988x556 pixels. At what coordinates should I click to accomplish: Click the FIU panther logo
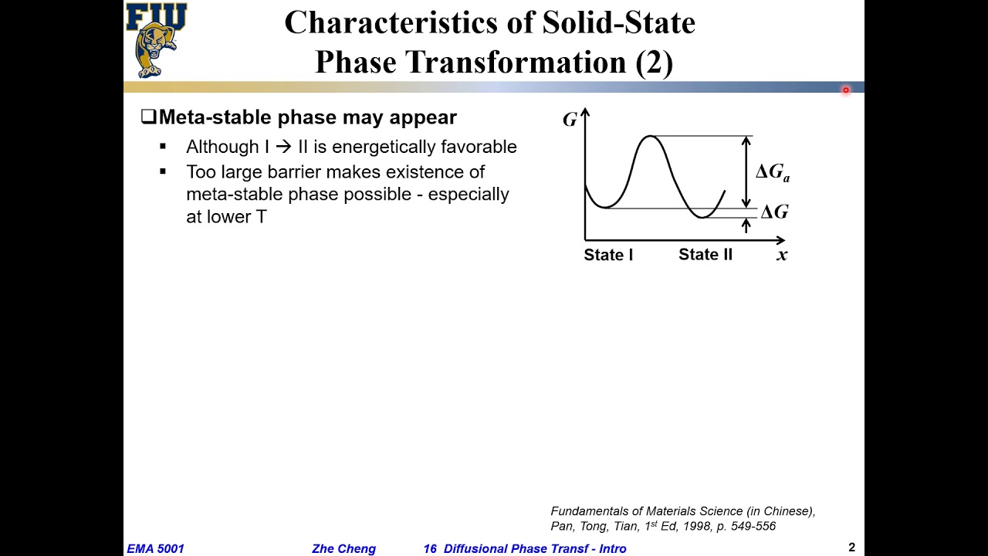(156, 40)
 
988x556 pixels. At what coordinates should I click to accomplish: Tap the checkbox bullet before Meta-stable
(148, 117)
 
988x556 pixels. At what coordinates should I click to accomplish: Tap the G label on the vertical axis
(570, 120)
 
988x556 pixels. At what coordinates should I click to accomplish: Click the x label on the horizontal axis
(782, 255)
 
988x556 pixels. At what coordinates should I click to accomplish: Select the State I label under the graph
(608, 255)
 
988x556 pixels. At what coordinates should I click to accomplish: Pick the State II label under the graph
(705, 255)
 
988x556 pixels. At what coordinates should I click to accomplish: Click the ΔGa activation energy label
(772, 172)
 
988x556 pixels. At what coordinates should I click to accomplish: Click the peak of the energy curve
(651, 137)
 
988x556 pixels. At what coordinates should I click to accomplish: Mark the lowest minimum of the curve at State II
(702, 218)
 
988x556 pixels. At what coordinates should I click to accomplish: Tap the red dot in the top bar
(846, 90)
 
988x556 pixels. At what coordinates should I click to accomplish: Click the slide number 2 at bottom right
(851, 548)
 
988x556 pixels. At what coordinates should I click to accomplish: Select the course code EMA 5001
(156, 549)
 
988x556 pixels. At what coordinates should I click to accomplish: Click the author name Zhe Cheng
(343, 549)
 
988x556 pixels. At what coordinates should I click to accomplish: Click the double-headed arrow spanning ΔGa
(746, 171)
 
